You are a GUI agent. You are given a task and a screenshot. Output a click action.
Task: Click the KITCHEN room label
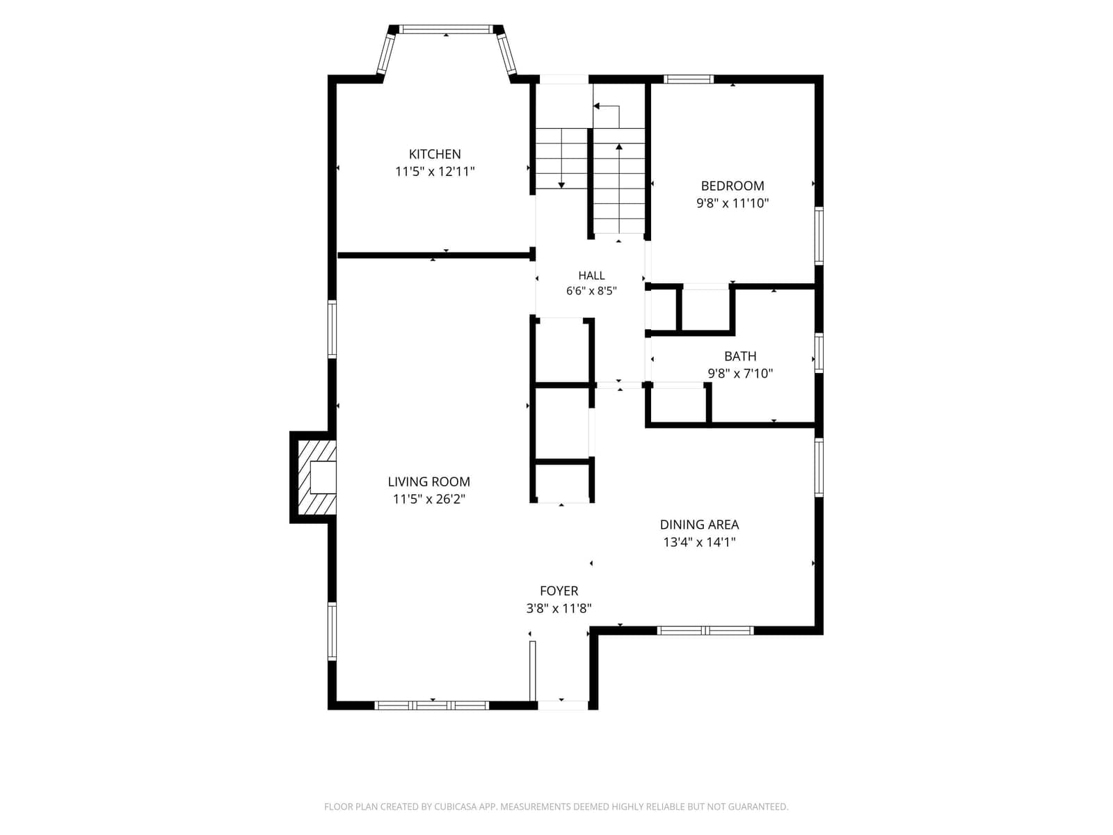(x=435, y=154)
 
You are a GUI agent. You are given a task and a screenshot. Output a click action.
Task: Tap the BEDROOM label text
(x=732, y=186)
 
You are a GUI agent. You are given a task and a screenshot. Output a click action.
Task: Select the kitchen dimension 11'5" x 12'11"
(x=435, y=171)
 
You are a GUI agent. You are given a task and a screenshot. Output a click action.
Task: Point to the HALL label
(x=591, y=276)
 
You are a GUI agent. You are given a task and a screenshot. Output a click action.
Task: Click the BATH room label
(x=740, y=356)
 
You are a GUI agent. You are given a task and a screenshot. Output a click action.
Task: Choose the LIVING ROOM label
(x=429, y=482)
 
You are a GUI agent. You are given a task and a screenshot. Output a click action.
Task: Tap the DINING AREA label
(x=699, y=525)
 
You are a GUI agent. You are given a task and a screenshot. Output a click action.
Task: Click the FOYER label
(x=559, y=591)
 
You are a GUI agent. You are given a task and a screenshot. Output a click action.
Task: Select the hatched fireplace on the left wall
(x=317, y=477)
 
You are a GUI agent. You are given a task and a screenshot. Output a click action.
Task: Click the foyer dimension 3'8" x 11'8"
(x=559, y=608)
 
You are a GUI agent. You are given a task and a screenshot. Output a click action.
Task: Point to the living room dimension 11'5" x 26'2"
(x=429, y=500)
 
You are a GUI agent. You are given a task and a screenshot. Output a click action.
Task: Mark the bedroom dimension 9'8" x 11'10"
(x=732, y=203)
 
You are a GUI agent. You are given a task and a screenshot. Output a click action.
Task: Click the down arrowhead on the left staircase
(x=561, y=186)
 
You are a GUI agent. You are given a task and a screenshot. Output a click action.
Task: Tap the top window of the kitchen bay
(x=446, y=29)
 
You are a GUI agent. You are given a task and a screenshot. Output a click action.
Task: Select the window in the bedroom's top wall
(x=689, y=79)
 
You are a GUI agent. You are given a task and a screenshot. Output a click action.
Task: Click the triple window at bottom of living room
(x=432, y=705)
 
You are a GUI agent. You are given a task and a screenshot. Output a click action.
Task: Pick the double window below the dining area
(x=705, y=630)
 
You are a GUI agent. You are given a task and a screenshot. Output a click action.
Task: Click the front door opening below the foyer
(x=563, y=705)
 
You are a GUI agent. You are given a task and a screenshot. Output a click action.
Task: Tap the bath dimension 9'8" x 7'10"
(x=740, y=374)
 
